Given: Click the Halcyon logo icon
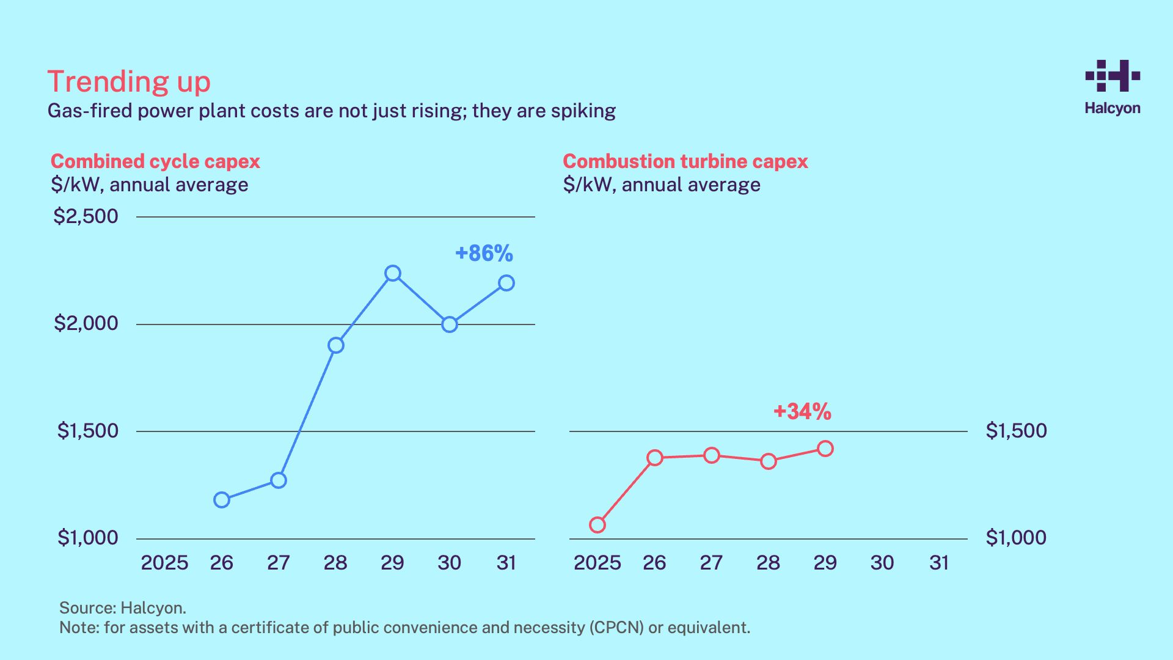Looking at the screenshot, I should coord(1113,76).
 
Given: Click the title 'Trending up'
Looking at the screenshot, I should coord(129,82).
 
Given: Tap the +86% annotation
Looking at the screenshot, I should coord(484,254).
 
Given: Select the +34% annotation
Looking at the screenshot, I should coord(802,412).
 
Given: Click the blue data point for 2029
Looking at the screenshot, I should coord(393,273).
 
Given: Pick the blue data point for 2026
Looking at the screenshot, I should coord(222,500).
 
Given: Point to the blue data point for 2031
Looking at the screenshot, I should coord(506,283).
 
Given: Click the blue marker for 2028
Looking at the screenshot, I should coord(336,345).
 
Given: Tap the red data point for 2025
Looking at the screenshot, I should coord(597,525).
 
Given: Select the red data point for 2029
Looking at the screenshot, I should coord(825,449).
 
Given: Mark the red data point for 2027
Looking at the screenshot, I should coord(712,455).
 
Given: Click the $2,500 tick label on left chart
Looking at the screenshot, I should coord(86,216).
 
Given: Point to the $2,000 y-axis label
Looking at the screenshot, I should coord(86,323).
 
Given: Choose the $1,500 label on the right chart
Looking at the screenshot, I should coord(1016,431).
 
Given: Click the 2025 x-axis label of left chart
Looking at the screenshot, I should coord(164,563).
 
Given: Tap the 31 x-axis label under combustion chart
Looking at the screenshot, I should coord(939,563).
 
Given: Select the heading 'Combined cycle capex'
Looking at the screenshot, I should coord(155,161).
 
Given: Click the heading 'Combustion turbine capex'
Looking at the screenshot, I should coord(685,161).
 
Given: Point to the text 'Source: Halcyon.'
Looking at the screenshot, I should coord(123,608).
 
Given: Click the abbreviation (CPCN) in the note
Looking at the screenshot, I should coord(616,628).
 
